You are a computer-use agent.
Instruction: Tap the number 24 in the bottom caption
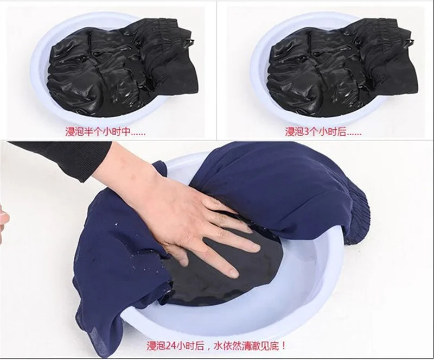(170, 346)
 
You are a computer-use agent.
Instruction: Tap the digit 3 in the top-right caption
(307, 132)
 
